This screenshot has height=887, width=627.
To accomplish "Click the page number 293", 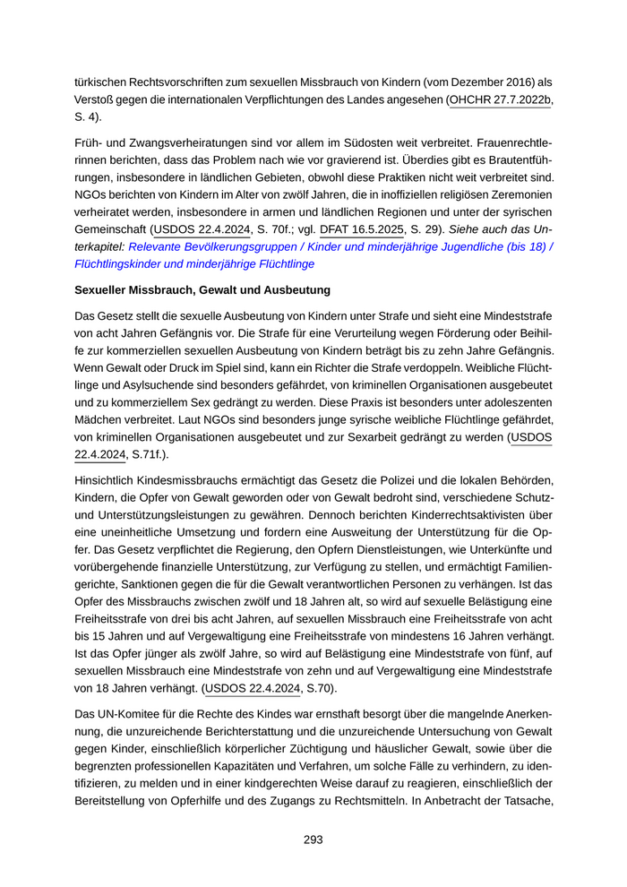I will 313,840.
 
